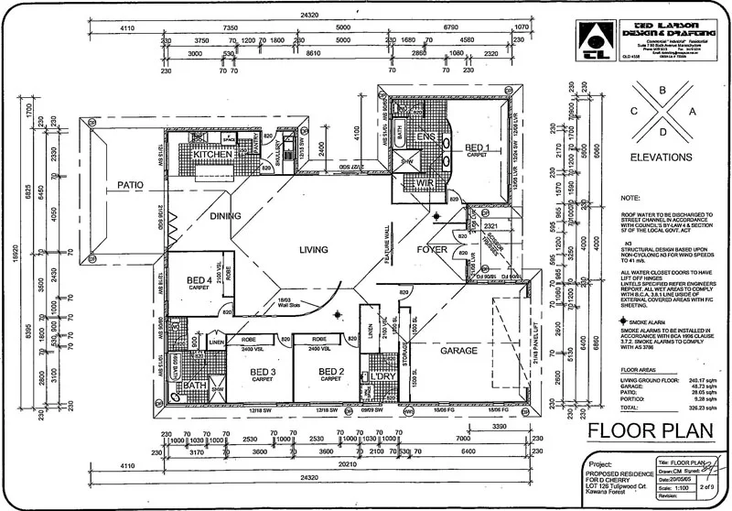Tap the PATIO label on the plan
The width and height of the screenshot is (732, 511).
[131, 186]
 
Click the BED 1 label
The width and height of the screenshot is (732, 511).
[478, 147]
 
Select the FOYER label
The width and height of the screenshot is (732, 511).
[433, 248]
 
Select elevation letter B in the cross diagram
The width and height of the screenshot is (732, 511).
[662, 91]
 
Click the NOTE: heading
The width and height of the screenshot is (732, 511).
[630, 197]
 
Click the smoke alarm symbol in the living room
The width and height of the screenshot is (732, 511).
[339, 314]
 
